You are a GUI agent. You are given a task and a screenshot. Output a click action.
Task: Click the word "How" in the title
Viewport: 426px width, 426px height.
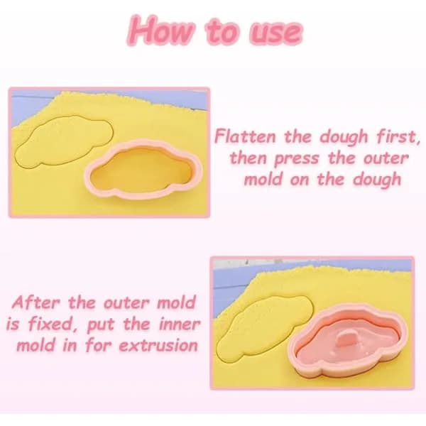(161, 30)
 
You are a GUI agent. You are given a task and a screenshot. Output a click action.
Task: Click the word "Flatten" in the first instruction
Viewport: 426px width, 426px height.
(245, 136)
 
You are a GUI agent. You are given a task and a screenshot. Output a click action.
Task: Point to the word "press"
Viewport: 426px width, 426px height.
(296, 159)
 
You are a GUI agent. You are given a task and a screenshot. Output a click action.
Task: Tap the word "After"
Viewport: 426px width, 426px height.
(35, 302)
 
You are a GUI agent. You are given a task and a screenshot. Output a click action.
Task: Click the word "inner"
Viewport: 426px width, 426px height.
(180, 324)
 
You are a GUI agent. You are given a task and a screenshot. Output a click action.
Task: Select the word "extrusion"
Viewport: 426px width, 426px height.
(158, 346)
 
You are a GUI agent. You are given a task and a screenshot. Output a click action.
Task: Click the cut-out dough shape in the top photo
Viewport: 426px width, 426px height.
(64, 141)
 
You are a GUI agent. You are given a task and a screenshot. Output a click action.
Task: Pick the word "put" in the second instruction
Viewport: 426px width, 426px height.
(100, 325)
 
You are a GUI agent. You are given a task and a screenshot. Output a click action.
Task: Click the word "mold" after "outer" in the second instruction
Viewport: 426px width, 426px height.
(176, 302)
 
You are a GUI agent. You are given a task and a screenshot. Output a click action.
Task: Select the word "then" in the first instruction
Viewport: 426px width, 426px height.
(248, 158)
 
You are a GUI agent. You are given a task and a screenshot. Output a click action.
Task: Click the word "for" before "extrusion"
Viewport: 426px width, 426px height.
(99, 345)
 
